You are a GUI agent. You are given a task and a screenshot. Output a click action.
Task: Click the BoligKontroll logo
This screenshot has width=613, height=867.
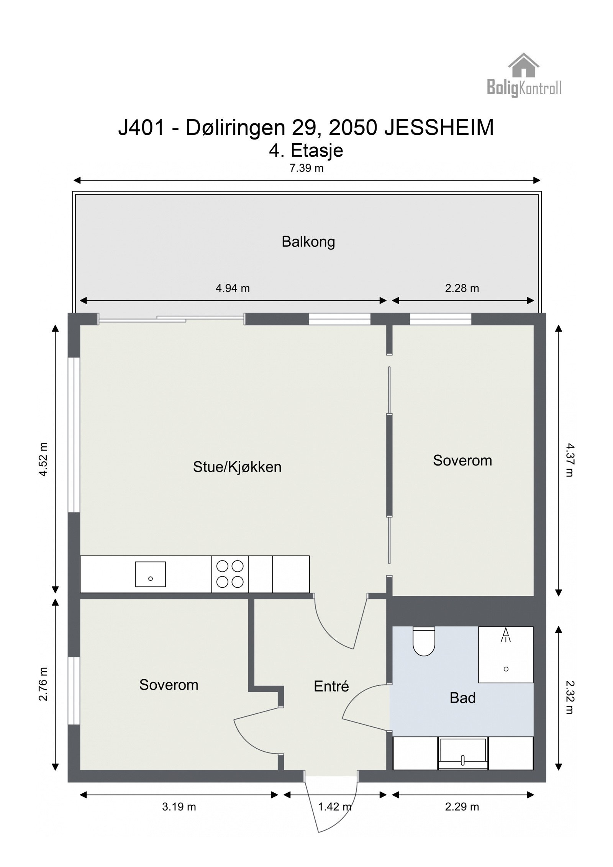coord(523,75)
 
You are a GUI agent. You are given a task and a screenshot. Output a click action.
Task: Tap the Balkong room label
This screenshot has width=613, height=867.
coord(308,242)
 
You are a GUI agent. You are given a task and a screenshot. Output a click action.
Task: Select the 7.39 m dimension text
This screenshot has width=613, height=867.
coord(306,168)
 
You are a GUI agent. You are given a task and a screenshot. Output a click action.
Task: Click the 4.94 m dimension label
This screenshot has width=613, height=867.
coord(232,288)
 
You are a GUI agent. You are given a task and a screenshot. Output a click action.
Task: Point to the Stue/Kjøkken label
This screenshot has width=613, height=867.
coord(237,467)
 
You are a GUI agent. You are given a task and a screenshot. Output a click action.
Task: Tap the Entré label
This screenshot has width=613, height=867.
coord(331,686)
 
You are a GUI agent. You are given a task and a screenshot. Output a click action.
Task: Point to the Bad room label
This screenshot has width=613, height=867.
coord(462,698)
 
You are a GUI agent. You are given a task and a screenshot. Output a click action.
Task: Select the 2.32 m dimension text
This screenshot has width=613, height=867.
coord(570,698)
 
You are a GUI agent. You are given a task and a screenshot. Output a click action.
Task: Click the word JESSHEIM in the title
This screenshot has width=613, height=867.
coord(439,128)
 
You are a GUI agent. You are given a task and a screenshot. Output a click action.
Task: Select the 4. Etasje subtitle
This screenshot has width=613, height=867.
coord(306,151)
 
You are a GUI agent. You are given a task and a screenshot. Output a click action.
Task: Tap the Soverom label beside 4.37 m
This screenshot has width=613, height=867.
coord(462,460)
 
